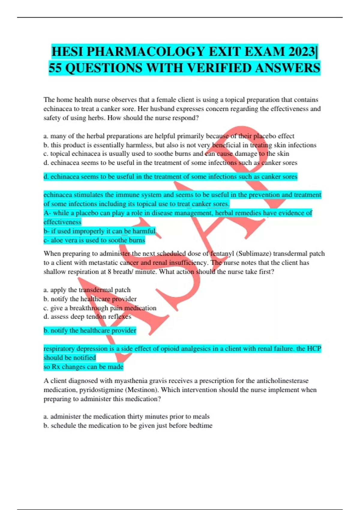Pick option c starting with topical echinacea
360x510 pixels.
(166, 154)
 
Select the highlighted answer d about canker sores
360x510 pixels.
(170, 176)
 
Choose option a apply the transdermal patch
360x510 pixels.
(87, 290)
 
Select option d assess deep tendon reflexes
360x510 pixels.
(87, 316)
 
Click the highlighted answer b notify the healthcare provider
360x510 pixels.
(90, 330)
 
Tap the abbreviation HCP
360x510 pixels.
(313, 349)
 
